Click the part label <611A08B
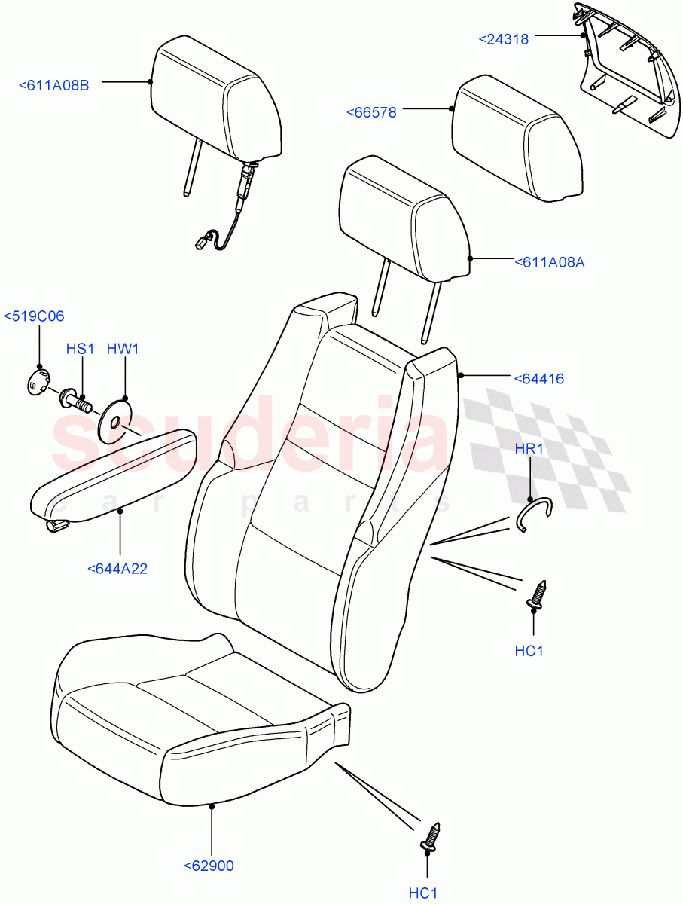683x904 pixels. point(53,85)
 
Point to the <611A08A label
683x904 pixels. point(550,262)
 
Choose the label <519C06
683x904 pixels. point(35,316)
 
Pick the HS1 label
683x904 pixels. point(79,350)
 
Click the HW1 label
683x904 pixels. point(123,350)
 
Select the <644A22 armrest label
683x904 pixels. point(117,569)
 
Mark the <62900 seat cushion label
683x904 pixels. point(209,866)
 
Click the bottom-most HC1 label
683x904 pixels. point(423,893)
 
